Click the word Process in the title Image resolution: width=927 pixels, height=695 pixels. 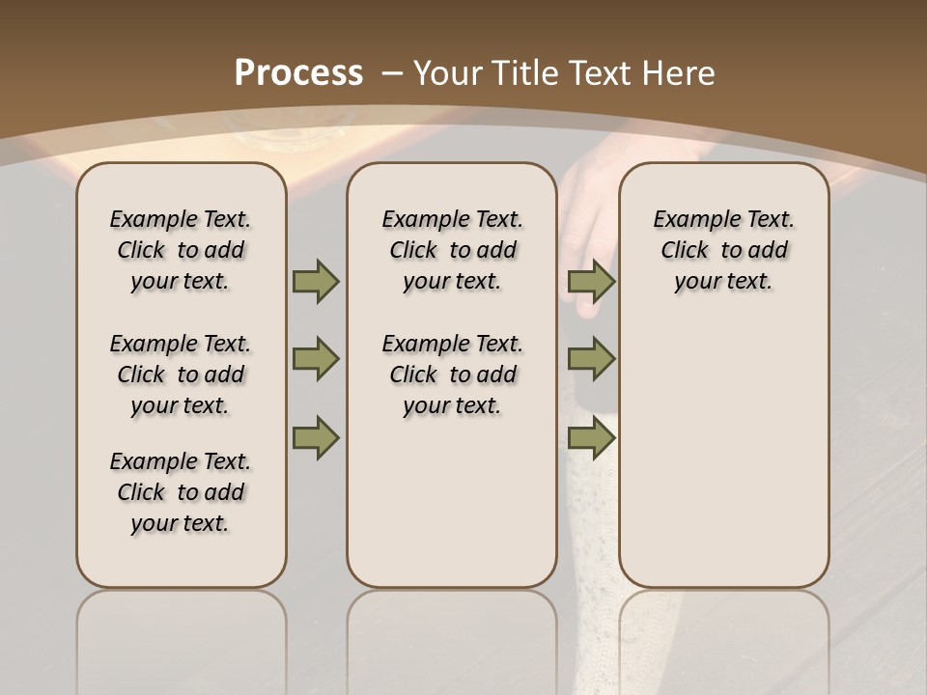[298, 72]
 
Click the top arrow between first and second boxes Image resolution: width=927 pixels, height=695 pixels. [316, 281]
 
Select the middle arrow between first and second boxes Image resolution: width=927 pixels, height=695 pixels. [316, 359]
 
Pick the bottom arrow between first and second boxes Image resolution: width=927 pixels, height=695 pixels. [316, 437]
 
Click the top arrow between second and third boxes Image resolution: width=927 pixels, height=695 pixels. [592, 281]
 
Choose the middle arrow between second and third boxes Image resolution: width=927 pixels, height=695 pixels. [592, 359]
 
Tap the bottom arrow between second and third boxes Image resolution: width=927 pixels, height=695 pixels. [592, 437]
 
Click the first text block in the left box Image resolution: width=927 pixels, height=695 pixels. [181, 250]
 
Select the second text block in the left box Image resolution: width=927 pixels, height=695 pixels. [181, 375]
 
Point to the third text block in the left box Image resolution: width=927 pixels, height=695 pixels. [181, 492]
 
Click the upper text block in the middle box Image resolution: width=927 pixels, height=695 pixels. [453, 250]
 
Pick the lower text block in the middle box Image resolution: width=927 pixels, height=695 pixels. [453, 375]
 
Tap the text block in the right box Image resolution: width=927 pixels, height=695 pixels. [724, 250]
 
